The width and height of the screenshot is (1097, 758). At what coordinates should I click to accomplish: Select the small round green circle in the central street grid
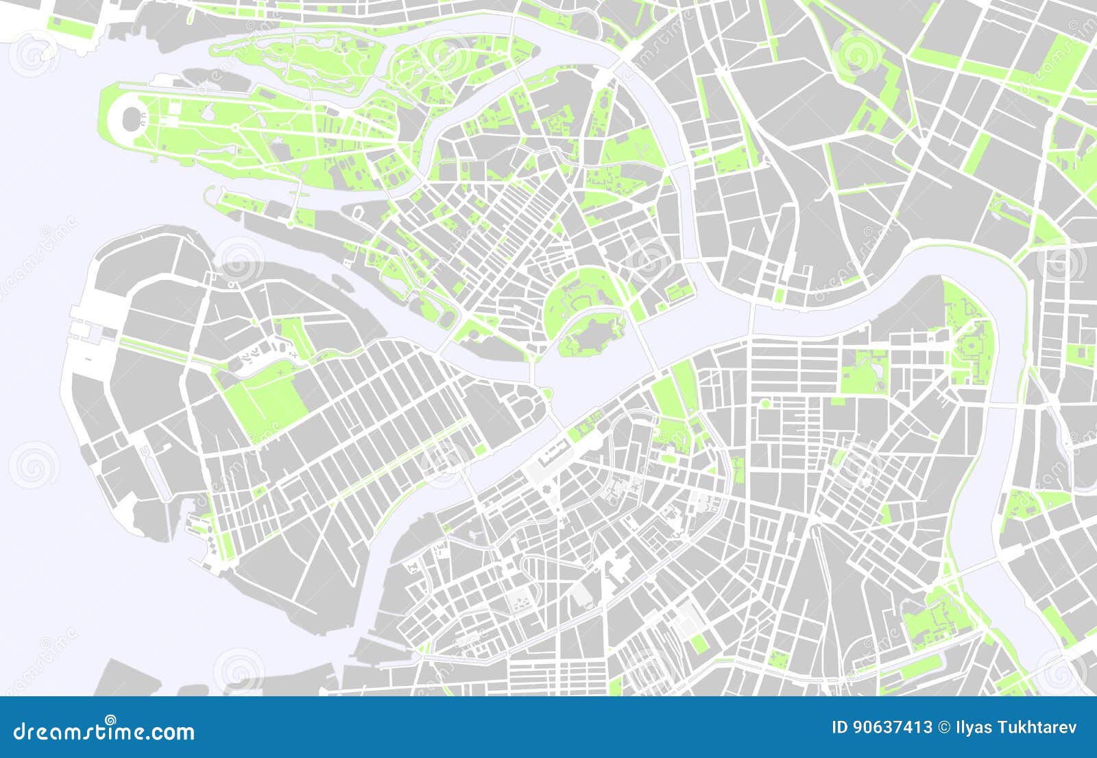tap(765, 403)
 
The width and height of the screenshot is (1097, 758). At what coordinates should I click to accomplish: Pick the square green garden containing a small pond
tap(864, 371)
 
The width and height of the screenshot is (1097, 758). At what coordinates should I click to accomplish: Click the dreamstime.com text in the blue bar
tap(104, 731)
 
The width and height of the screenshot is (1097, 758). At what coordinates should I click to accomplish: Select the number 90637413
tap(891, 727)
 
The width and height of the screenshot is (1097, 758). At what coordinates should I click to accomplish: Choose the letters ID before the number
tap(839, 727)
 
